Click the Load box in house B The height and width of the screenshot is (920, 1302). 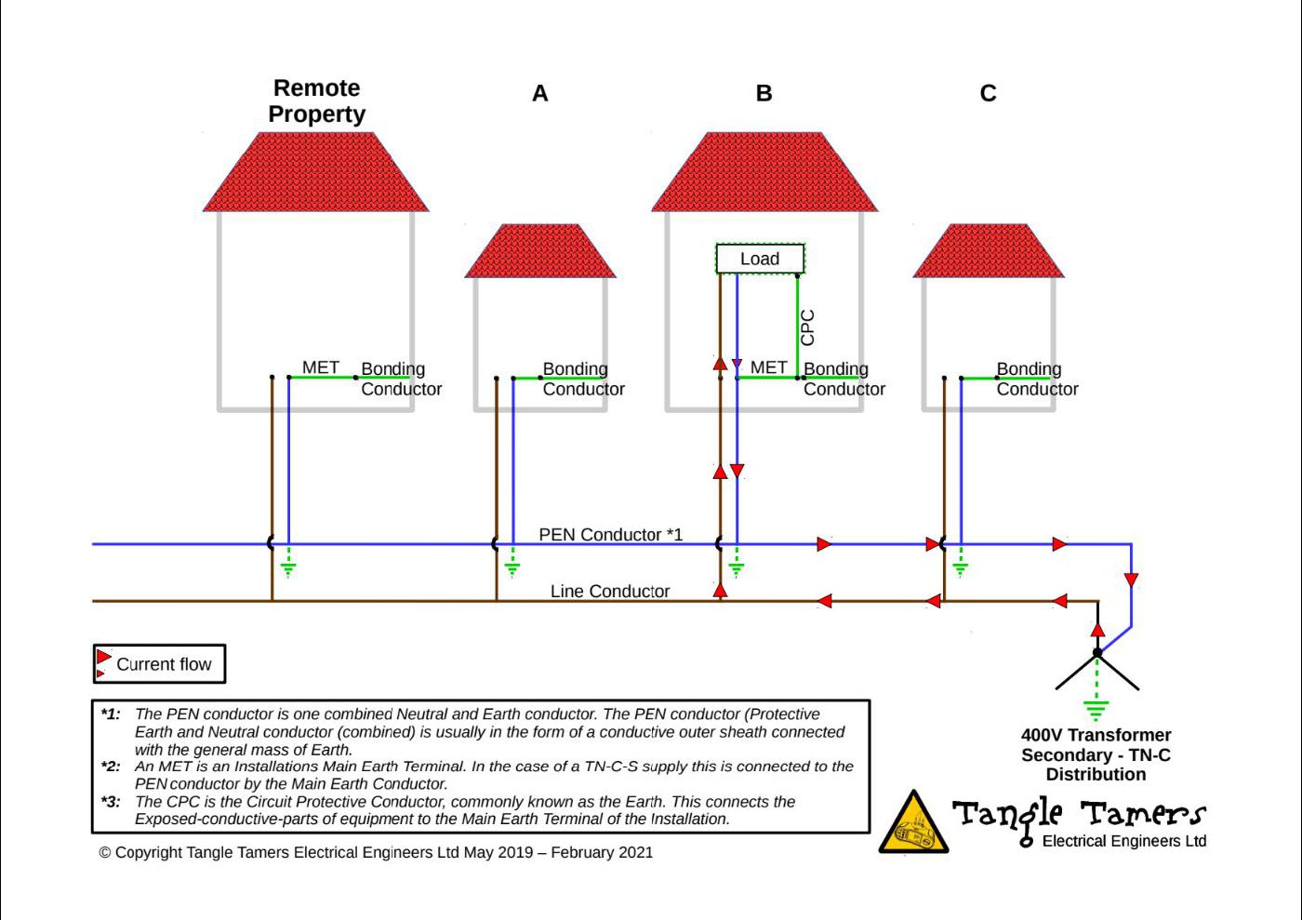click(x=760, y=259)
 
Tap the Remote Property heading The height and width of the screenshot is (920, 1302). click(x=317, y=101)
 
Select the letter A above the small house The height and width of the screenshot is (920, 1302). click(x=540, y=93)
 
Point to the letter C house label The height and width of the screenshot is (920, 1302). click(x=988, y=93)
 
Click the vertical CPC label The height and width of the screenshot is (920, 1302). click(x=808, y=327)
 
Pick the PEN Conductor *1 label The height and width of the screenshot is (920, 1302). click(x=610, y=535)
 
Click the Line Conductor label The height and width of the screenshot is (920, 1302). click(x=610, y=592)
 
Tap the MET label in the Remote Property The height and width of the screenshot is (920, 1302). click(x=320, y=367)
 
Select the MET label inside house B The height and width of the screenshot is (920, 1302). click(x=768, y=367)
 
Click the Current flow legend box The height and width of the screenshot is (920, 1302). click(x=159, y=663)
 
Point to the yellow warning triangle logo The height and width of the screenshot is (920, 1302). click(x=913, y=822)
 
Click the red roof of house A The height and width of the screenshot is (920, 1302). click(x=540, y=250)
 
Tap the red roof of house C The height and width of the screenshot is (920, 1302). click(x=988, y=250)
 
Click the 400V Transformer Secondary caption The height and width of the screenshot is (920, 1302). click(x=1096, y=754)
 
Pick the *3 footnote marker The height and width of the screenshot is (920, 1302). click(x=111, y=801)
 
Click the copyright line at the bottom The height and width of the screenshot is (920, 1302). click(x=376, y=852)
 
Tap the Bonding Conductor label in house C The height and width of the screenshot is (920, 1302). click(x=1037, y=379)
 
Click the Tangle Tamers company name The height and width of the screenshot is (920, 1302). click(x=1079, y=814)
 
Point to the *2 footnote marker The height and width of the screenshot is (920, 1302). click(x=111, y=766)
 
